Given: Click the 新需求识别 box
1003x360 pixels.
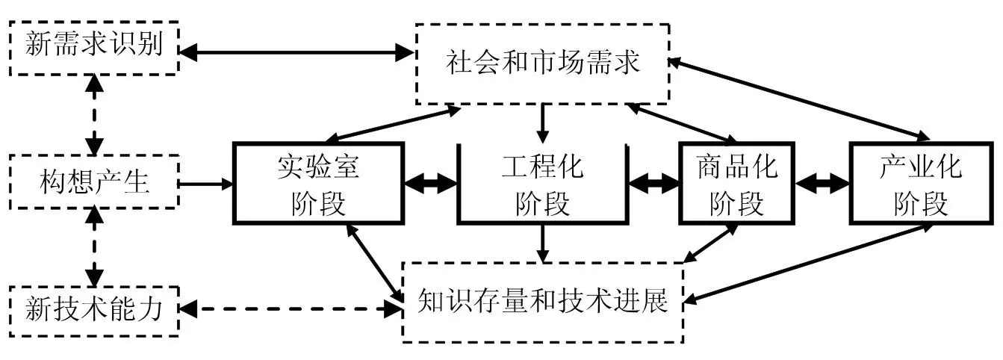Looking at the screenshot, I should [93, 47].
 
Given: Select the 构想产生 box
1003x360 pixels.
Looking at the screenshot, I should [93, 182].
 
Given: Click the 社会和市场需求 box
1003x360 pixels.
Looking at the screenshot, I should [542, 63].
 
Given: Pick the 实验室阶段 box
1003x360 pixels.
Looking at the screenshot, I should [318, 182].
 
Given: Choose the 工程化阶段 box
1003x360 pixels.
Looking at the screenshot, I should [542, 182].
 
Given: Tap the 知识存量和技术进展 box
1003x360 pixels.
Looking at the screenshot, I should [542, 302].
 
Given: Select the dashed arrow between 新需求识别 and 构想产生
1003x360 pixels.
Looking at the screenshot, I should [93, 114].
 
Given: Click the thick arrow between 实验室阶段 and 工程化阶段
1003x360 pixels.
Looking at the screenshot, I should [430, 182].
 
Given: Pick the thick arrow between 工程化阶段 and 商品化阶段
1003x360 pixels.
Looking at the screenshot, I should [653, 182].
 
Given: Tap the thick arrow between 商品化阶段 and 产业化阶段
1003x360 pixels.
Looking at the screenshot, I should [823, 182].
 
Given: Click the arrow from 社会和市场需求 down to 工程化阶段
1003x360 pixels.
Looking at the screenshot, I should [543, 122].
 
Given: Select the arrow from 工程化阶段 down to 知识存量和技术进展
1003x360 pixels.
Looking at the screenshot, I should [543, 242].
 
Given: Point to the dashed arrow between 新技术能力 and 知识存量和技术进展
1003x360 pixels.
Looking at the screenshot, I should [291, 307].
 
